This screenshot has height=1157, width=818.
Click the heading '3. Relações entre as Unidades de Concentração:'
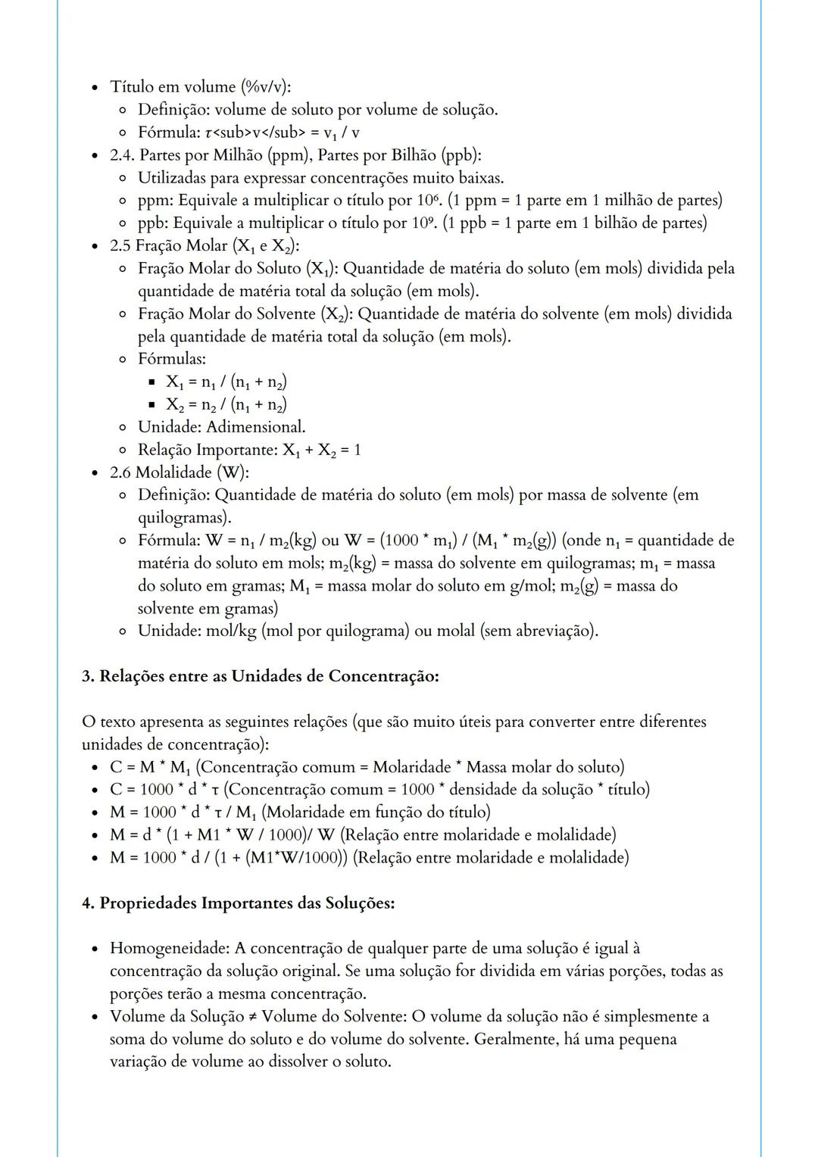(260, 676)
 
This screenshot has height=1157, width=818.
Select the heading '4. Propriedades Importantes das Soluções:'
(238, 903)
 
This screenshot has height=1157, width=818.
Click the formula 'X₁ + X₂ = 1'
(322, 451)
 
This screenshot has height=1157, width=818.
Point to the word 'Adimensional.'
(256, 427)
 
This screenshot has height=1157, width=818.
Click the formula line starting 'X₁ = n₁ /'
(226, 382)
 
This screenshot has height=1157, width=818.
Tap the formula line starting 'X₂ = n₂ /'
(226, 404)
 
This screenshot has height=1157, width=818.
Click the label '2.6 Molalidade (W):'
(180, 472)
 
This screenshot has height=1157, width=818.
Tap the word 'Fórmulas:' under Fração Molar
(172, 359)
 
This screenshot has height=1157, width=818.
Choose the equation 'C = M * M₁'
(149, 768)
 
